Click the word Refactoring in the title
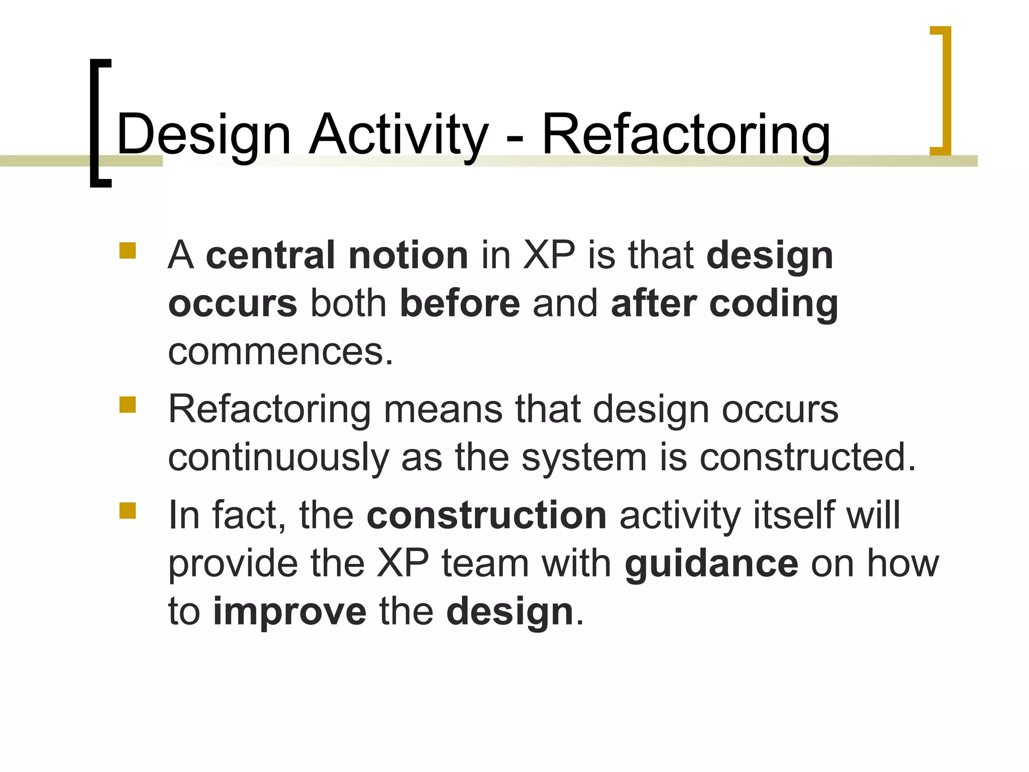pyautogui.click(x=686, y=135)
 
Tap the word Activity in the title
pyautogui.click(x=398, y=135)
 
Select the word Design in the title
pyautogui.click(x=203, y=135)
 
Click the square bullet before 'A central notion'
pyautogui.click(x=128, y=250)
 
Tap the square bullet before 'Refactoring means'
pyautogui.click(x=128, y=405)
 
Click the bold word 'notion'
pyautogui.click(x=408, y=255)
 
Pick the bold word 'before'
pyautogui.click(x=460, y=303)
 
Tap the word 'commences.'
pyautogui.click(x=280, y=351)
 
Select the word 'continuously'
pyautogui.click(x=278, y=457)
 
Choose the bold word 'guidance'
pyautogui.click(x=711, y=563)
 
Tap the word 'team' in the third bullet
pyautogui.click(x=485, y=563)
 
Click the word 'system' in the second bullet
pyautogui.click(x=584, y=457)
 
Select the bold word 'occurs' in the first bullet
pyautogui.click(x=233, y=303)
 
